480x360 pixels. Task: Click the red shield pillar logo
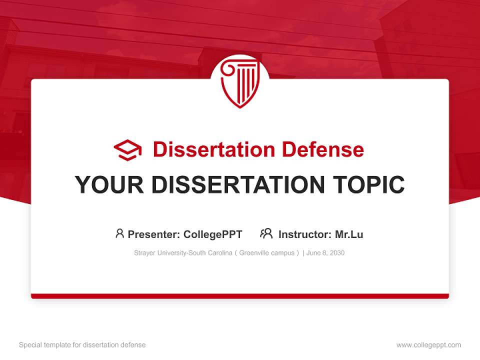pos(240,83)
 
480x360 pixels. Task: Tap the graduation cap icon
pos(127,150)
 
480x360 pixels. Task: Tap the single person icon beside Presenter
pos(119,233)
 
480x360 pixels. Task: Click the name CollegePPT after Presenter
pos(213,234)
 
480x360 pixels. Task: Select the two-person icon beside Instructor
pos(266,233)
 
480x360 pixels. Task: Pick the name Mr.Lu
pos(349,234)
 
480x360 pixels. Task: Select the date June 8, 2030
pos(325,253)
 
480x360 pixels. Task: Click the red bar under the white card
pos(240,296)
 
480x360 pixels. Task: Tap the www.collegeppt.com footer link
pos(428,345)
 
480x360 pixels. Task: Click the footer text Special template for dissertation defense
pos(82,345)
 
